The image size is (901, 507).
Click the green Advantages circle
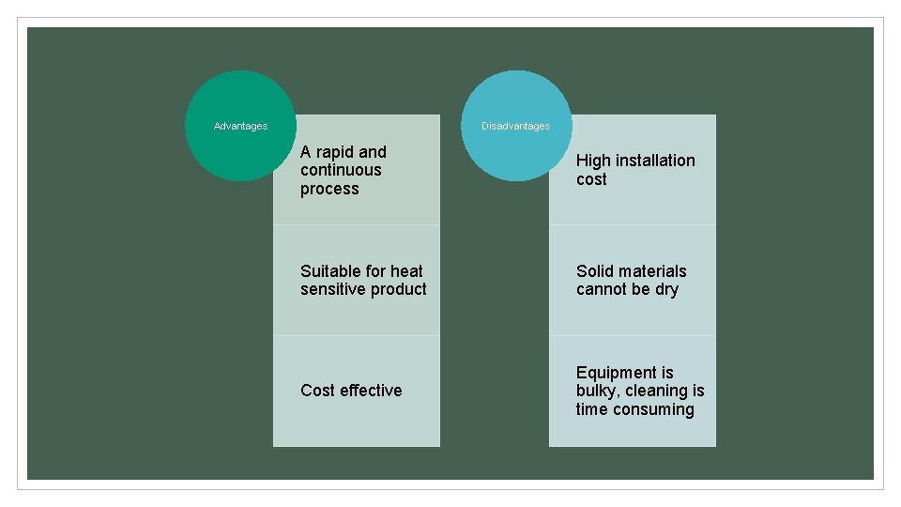[240, 126]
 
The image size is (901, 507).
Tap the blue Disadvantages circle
[515, 126]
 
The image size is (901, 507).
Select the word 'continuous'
[341, 170]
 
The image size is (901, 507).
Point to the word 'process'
[329, 189]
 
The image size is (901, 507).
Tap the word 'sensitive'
[332, 289]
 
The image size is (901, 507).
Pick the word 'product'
[398, 289]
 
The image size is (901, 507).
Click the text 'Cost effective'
[351, 391]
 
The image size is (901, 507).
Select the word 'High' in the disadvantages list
[593, 161]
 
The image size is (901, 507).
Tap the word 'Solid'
[596, 271]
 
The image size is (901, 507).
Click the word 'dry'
[666, 289]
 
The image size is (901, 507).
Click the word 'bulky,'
[598, 391]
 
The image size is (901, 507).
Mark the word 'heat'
[406, 271]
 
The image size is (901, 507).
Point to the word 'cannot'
[603, 289]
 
